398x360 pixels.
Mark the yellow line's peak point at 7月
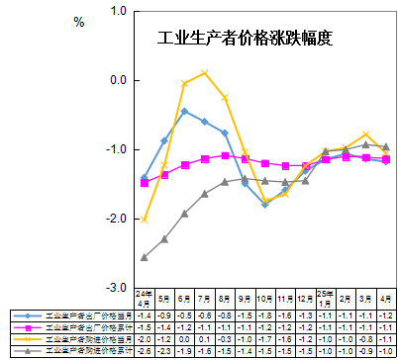[204, 73]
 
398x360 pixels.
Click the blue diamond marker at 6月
[184, 112]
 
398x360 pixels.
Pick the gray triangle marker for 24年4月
[145, 257]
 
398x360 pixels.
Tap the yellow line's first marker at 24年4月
[145, 220]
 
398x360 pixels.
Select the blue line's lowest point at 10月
[265, 204]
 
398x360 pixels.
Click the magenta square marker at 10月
[265, 163]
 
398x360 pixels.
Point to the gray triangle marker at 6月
[184, 214]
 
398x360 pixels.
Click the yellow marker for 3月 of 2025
[366, 135]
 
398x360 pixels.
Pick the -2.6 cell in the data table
[145, 350]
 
